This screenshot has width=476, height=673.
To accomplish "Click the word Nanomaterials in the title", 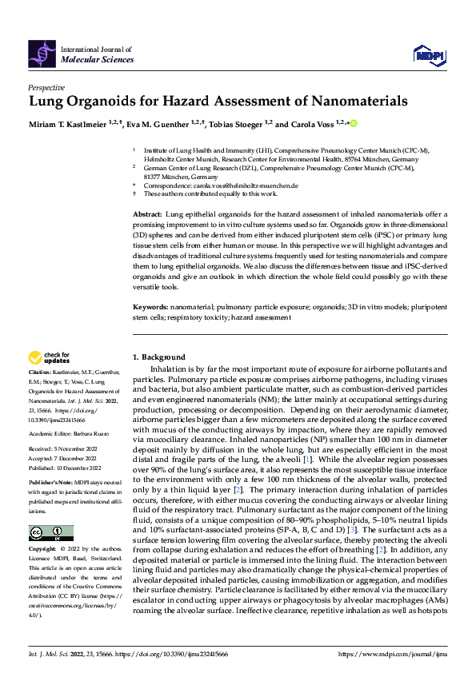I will tap(353, 102).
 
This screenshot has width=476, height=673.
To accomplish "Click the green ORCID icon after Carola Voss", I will tap(352, 124).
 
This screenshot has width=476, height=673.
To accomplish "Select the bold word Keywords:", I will tap(150, 307).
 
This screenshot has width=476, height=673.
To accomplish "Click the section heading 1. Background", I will tap(158, 357).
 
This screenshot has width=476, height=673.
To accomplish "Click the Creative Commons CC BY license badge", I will tap(51, 534).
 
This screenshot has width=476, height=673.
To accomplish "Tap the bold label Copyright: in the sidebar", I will tap(44, 551).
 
